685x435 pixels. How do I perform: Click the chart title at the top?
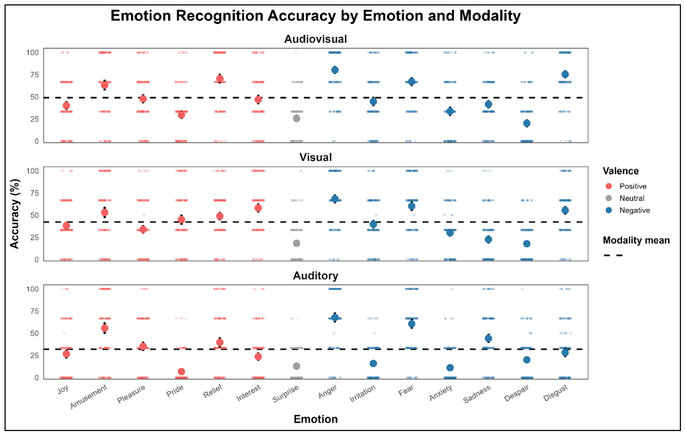[x=315, y=16]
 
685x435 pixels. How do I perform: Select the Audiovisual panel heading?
[x=315, y=39]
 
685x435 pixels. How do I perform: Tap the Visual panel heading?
[x=315, y=157]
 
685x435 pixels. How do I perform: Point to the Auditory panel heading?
[x=315, y=276]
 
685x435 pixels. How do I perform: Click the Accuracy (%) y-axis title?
[x=14, y=214]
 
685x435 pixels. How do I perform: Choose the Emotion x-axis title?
[x=315, y=419]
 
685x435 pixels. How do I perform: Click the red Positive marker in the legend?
[x=609, y=186]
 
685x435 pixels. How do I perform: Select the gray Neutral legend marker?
[x=609, y=198]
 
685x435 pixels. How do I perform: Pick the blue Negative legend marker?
[x=609, y=210]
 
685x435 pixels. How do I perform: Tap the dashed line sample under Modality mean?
[x=613, y=255]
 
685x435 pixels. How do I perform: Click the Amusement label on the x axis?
[x=89, y=396]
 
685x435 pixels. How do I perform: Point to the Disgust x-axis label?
[x=556, y=393]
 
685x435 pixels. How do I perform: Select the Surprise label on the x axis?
[x=286, y=394]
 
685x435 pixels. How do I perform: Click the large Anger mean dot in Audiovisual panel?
[x=335, y=70]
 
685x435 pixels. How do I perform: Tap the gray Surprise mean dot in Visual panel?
[x=296, y=243]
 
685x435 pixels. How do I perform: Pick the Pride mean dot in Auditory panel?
[x=182, y=372]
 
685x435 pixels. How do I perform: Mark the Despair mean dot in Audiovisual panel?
[x=527, y=123]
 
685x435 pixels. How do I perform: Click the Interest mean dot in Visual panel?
[x=258, y=208]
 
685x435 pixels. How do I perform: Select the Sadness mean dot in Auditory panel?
[x=488, y=338]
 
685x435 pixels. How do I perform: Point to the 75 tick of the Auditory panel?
[x=34, y=311]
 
